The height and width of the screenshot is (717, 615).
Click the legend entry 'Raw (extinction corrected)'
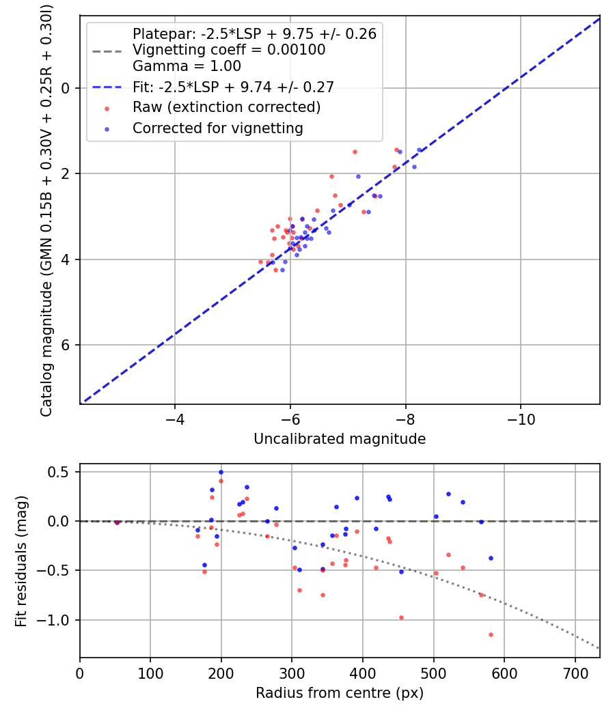pyautogui.click(x=226, y=107)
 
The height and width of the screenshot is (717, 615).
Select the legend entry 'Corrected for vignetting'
pyautogui.click(x=217, y=128)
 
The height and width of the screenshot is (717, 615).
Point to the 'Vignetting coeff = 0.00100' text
pyautogui.click(x=229, y=50)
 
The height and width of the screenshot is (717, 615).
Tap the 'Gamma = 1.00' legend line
pyautogui.click(x=187, y=66)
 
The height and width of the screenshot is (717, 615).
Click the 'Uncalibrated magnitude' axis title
pyautogui.click(x=340, y=439)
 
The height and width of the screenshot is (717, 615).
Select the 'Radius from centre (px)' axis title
pyautogui.click(x=340, y=693)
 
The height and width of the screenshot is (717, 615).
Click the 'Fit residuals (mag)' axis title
pyautogui.click(x=21, y=561)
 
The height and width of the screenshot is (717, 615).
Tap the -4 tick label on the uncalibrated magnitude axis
pyautogui.click(x=175, y=417)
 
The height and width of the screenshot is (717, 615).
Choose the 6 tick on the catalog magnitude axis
pyautogui.click(x=66, y=345)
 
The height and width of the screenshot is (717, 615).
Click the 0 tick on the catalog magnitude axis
pyautogui.click(x=66, y=88)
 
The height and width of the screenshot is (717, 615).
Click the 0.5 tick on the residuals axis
pyautogui.click(x=61, y=472)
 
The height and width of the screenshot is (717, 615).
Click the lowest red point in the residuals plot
pyautogui.click(x=491, y=634)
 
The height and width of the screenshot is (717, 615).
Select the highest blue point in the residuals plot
pyautogui.click(x=221, y=472)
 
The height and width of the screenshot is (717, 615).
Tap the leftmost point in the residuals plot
pyautogui.click(x=117, y=522)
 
